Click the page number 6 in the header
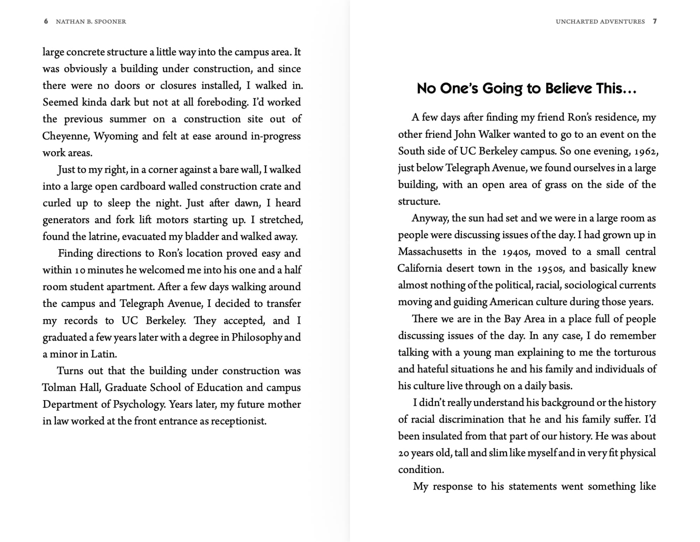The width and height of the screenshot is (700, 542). click(x=46, y=21)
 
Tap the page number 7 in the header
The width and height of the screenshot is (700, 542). click(x=654, y=21)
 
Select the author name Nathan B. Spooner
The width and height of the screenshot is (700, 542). click(x=91, y=22)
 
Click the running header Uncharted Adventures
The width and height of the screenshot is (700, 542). click(x=600, y=22)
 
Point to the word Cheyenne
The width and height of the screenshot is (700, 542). click(x=65, y=136)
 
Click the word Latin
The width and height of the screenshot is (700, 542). click(x=103, y=354)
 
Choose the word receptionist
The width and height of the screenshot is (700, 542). click(x=238, y=421)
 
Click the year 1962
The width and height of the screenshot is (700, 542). click(x=646, y=151)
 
